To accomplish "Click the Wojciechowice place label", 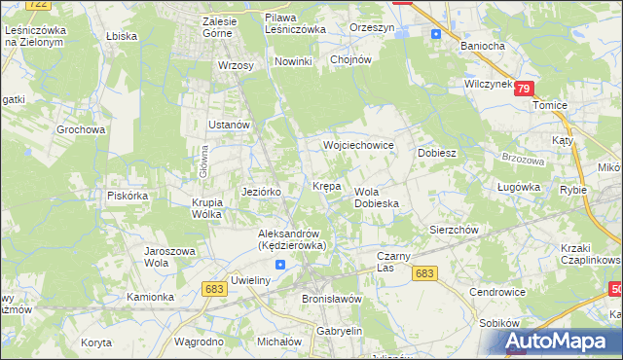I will tap(358, 145).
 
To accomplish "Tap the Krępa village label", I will tap(325, 185).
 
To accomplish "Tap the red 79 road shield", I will tap(525, 89).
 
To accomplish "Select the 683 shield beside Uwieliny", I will tap(215, 288).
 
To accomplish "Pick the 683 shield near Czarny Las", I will tap(423, 274).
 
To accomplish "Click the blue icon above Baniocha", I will tap(435, 33).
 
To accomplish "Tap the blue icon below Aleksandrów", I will tap(280, 264).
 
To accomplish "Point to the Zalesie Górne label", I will tap(228, 25).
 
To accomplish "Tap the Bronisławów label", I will tap(332, 299).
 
